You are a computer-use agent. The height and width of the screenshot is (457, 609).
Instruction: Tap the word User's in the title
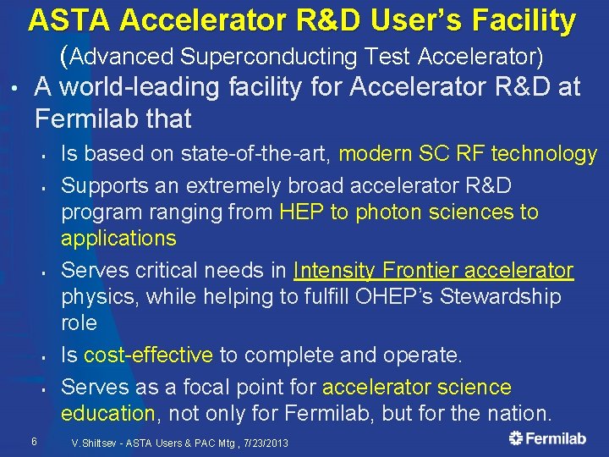(x=393, y=20)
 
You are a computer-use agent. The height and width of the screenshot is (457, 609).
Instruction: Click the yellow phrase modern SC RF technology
(x=468, y=153)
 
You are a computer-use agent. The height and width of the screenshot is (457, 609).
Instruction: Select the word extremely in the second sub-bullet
(x=231, y=184)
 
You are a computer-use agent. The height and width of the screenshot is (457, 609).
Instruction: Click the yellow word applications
(x=118, y=238)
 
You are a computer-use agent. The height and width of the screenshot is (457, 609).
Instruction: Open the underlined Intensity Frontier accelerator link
(x=433, y=270)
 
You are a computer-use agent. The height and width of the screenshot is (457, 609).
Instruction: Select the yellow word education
(x=107, y=414)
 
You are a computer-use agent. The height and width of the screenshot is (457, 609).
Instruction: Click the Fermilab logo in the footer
(x=547, y=438)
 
